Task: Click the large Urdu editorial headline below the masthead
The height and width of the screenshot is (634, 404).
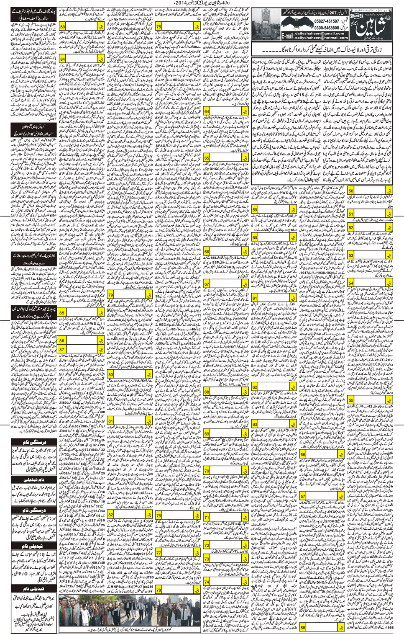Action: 322,51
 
